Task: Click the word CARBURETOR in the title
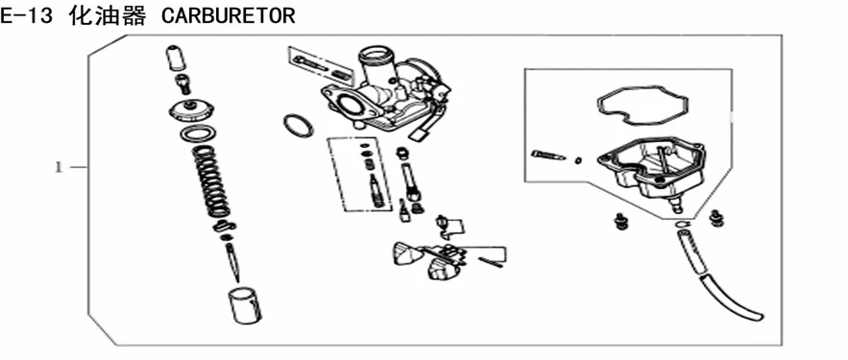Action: [229, 16]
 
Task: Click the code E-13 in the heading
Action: [26, 16]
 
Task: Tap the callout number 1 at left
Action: [59, 168]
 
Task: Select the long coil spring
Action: [211, 181]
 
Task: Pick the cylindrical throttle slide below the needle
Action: [244, 305]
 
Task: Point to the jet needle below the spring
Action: [233, 262]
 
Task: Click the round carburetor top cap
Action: [191, 110]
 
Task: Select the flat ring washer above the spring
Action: [199, 133]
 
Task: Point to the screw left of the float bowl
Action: [548, 156]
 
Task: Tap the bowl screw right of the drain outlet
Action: [716, 217]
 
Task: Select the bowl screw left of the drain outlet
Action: [620, 221]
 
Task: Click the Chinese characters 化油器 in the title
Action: [108, 16]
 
